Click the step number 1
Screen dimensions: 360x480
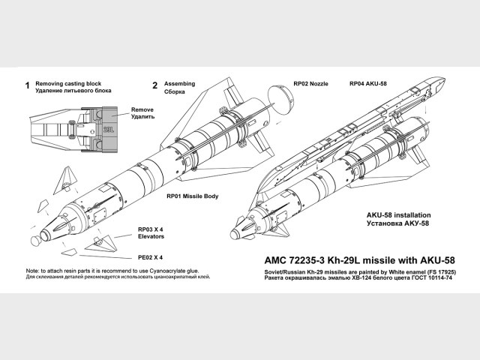click(27, 85)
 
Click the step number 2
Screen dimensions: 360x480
click(154, 85)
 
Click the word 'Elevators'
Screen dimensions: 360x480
click(151, 238)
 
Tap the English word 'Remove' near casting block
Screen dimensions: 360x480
click(142, 109)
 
